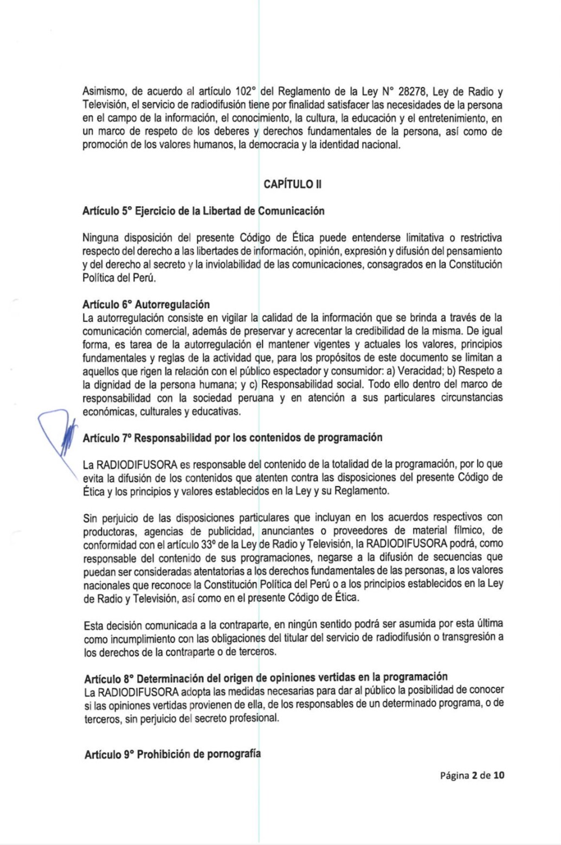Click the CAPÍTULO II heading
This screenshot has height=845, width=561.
tap(292, 184)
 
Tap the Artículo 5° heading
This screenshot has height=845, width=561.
tap(203, 211)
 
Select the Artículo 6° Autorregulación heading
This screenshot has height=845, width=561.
tap(146, 304)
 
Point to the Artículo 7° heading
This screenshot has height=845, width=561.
tap(233, 438)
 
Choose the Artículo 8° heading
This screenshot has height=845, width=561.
tap(266, 677)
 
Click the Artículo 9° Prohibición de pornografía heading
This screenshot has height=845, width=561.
tap(172, 754)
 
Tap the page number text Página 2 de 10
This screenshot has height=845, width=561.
tap(472, 775)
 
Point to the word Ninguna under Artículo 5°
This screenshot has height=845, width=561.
tap(100, 238)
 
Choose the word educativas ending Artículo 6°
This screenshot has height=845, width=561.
tap(217, 411)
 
